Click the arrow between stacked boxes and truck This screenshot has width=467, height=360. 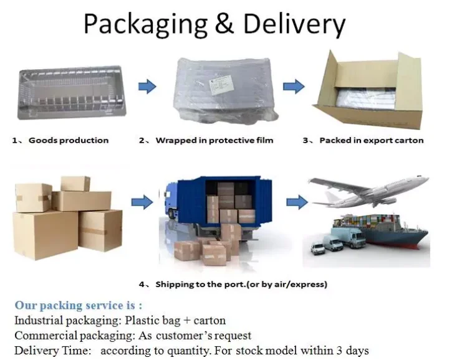143,202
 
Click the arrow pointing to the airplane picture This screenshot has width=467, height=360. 297,202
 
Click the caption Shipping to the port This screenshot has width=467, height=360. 241,285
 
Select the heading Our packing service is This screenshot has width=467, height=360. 79,305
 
